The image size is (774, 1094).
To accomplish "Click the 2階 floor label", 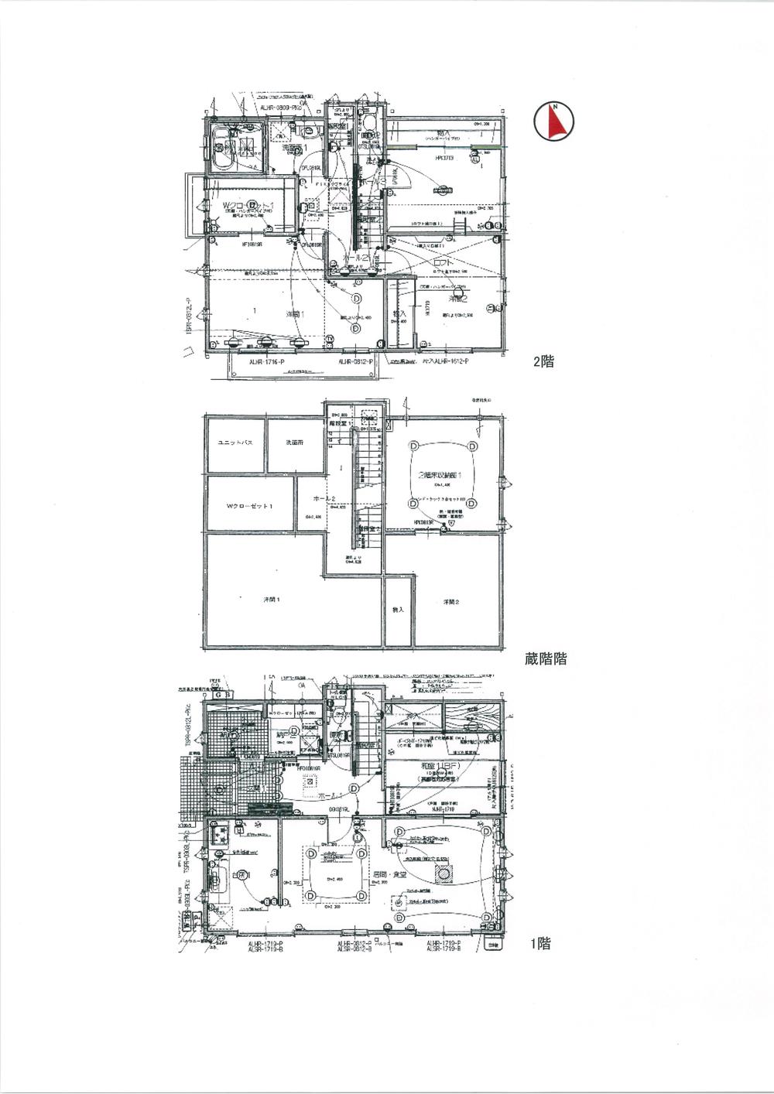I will click(x=543, y=361).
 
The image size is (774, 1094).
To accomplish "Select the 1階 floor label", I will click(x=540, y=943).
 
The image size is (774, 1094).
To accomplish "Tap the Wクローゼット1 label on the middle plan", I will click(x=249, y=506).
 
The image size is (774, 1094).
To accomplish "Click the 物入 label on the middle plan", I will click(x=398, y=609).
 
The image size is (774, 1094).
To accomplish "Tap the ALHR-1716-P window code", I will click(x=266, y=361).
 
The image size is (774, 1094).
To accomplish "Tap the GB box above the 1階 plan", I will click(x=223, y=695).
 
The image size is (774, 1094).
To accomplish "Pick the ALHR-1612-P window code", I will click(x=450, y=361).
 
